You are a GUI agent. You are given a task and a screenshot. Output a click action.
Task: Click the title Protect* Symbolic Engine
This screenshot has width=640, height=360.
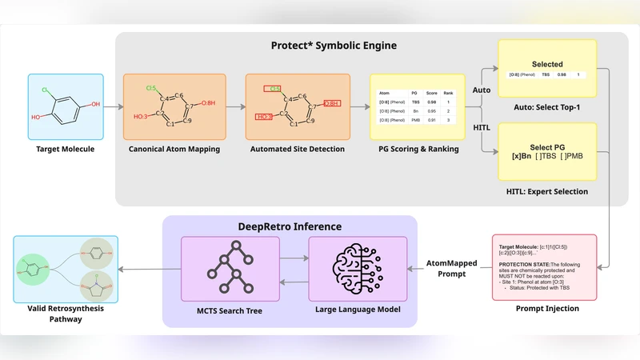pos(334,46)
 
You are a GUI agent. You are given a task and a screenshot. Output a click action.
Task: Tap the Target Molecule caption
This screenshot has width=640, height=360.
pos(66,149)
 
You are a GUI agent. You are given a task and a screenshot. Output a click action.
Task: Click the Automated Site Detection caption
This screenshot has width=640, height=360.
pos(298,149)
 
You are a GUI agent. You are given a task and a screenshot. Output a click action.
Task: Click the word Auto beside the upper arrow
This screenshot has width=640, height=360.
pos(481,90)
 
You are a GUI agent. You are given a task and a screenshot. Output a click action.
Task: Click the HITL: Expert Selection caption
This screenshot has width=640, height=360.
pos(547,191)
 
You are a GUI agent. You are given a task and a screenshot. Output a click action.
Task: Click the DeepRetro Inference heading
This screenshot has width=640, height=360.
pos(290,226)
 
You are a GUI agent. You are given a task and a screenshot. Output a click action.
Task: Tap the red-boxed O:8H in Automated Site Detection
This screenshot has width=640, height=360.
pos(332,104)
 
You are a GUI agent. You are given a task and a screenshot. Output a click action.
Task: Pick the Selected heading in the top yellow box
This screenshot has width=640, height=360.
pos(547,64)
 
